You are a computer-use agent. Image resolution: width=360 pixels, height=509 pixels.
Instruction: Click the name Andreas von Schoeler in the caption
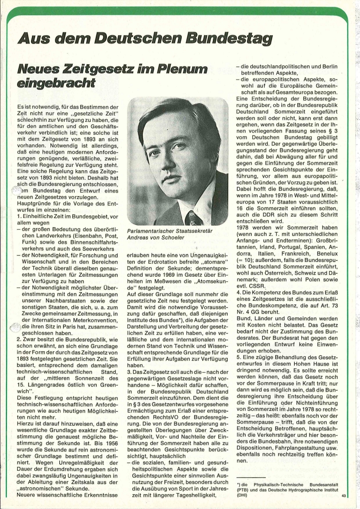(x=156, y=237)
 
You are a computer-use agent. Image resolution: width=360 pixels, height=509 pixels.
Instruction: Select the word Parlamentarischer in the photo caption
(x=153, y=231)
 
